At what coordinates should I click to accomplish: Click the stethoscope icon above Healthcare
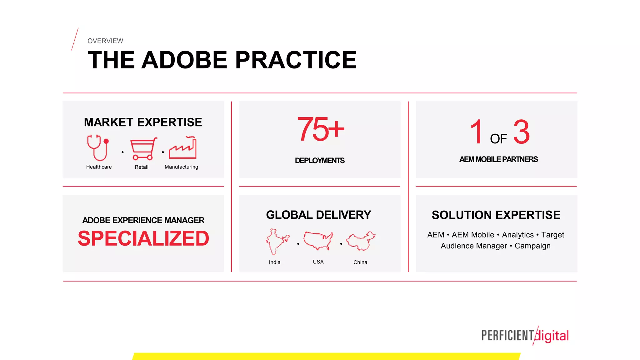coord(98,147)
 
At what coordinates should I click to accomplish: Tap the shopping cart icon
coord(143,149)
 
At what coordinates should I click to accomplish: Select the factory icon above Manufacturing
coord(183,148)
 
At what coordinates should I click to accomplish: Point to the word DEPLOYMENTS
coord(320,161)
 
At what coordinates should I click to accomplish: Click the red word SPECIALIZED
coord(143,238)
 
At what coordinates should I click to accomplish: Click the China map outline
coord(361,241)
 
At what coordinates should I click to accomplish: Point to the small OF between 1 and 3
coord(498,139)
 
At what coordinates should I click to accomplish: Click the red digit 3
coord(521,132)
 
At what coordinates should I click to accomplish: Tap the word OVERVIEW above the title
coord(105,41)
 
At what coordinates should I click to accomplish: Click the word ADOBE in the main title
coord(184,60)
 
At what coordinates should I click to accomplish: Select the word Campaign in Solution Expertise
coord(532,246)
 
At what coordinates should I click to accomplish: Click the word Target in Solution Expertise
coord(552,235)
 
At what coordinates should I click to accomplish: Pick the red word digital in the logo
coord(552,336)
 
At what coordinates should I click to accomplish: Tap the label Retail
coord(141,167)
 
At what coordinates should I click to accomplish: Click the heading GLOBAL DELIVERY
coord(318,215)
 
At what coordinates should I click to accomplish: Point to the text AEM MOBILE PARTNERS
coord(498,159)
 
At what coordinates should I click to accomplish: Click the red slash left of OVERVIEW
coord(75,39)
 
